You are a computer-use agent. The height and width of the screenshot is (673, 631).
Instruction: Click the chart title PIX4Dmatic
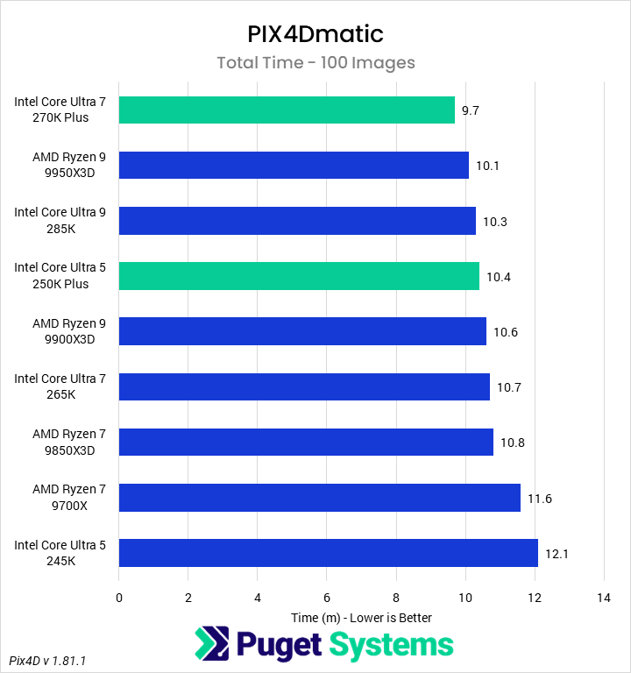pyautogui.click(x=315, y=34)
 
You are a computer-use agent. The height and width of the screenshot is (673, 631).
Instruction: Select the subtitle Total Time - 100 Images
pyautogui.click(x=315, y=62)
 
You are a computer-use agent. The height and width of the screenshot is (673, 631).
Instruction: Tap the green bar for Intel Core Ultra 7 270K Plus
pyautogui.click(x=287, y=110)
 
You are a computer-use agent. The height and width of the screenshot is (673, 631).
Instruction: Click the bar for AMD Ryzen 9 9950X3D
pyautogui.click(x=294, y=165)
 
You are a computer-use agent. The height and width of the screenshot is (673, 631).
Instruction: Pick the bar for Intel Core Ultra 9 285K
pyautogui.click(x=297, y=221)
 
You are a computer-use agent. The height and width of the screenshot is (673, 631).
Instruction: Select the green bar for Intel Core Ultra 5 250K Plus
pyautogui.click(x=299, y=276)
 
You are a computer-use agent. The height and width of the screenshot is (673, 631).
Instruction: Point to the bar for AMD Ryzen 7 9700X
pyautogui.click(x=320, y=498)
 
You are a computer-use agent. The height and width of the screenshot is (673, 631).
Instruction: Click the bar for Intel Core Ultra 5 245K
pyautogui.click(x=329, y=553)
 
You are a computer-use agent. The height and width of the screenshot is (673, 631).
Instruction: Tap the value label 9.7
pyautogui.click(x=471, y=110)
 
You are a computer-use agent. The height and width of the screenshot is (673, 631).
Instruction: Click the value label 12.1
pyautogui.click(x=555, y=553)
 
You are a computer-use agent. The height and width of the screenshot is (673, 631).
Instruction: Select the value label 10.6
pyautogui.click(x=505, y=331)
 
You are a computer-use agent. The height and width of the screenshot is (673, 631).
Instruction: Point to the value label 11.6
pyautogui.click(x=539, y=498)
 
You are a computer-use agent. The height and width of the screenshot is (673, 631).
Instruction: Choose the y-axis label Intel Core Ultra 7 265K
pyautogui.click(x=60, y=386)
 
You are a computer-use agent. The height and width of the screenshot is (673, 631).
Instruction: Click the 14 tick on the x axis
pyautogui.click(x=603, y=598)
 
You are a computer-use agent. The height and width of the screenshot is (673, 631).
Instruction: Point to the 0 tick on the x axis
pyautogui.click(x=119, y=598)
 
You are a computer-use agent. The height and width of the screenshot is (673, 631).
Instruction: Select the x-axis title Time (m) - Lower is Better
pyautogui.click(x=361, y=617)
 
